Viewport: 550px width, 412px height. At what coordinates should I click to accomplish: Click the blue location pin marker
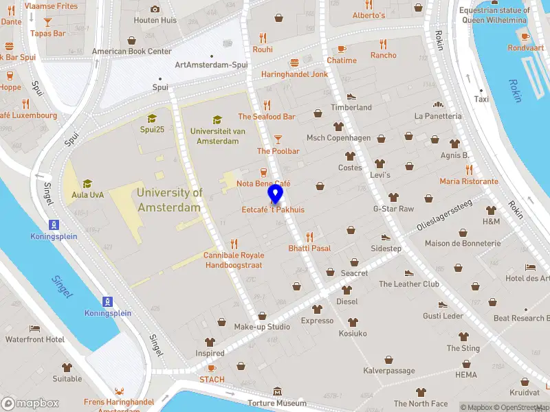[x=276, y=194]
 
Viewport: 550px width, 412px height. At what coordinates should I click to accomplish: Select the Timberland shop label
[x=351, y=108]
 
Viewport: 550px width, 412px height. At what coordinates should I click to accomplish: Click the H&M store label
[x=491, y=222]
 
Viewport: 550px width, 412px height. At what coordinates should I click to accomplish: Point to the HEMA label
[x=465, y=375]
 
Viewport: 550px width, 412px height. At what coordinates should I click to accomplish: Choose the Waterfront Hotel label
[x=34, y=339]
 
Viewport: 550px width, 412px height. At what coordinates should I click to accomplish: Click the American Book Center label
[x=131, y=51]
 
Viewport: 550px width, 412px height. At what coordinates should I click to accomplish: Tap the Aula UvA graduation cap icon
[x=87, y=183]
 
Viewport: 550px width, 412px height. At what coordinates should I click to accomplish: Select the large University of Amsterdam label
[x=169, y=200]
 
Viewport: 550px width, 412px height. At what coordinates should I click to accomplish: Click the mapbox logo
[x=30, y=403]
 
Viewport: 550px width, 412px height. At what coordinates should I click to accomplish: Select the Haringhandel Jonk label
[x=294, y=74]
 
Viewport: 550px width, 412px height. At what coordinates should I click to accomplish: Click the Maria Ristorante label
[x=469, y=181]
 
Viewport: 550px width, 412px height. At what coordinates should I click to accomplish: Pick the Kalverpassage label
[x=388, y=371]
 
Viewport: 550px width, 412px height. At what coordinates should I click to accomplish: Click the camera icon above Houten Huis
[x=155, y=9]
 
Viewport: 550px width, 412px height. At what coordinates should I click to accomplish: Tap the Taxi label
[x=481, y=99]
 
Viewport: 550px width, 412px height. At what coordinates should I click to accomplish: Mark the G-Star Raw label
[x=393, y=209]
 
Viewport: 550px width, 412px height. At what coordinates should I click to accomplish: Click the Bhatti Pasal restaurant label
[x=309, y=248]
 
